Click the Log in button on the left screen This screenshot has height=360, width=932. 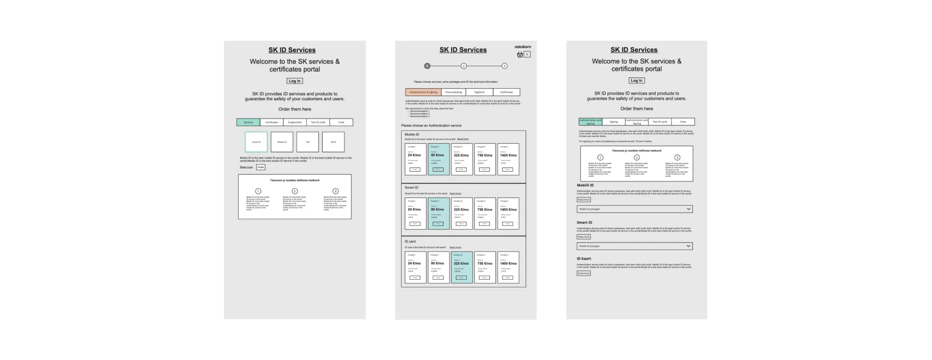[294, 81]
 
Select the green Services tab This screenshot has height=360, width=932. [248, 122]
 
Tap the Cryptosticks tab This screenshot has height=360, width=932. [295, 122]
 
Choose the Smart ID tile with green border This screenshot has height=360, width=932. [256, 142]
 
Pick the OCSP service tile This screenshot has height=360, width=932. [333, 142]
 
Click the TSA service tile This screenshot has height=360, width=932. [307, 142]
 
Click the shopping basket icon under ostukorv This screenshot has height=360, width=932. [520, 54]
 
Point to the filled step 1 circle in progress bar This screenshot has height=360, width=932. [427, 66]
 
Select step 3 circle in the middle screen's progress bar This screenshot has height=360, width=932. [504, 66]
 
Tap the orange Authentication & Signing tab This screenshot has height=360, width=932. [423, 92]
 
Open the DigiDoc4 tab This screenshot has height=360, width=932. [479, 92]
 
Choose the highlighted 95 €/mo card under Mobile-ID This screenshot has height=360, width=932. [438, 159]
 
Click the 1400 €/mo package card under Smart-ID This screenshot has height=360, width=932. [508, 213]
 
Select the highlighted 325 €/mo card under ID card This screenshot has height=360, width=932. [461, 267]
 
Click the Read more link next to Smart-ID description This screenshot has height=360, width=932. [455, 194]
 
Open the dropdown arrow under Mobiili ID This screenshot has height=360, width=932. [688, 209]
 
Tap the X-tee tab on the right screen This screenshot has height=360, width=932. [683, 122]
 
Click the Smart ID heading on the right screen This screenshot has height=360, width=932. [584, 223]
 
